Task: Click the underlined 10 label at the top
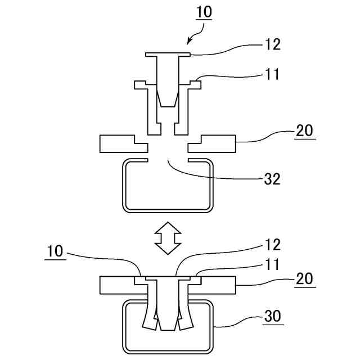[x=203, y=12]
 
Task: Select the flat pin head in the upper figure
[x=168, y=55]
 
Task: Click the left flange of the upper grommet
[x=141, y=85]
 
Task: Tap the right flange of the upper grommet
[x=195, y=84]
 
